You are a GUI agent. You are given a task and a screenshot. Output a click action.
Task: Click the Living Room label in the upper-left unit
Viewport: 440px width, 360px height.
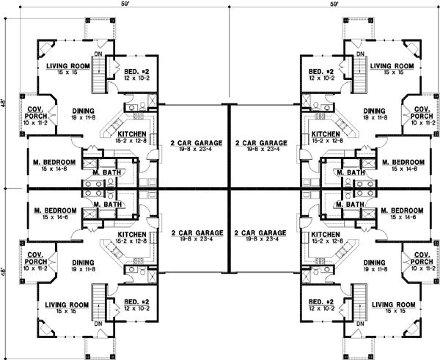67,66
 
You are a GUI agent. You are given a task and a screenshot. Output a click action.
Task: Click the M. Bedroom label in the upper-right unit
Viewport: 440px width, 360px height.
402,161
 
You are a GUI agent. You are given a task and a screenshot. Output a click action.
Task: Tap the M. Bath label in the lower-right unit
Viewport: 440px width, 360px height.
353,204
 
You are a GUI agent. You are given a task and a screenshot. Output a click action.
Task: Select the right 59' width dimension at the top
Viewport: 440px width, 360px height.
334,4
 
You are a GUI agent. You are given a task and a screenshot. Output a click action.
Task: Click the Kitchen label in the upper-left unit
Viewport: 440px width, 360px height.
131,134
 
